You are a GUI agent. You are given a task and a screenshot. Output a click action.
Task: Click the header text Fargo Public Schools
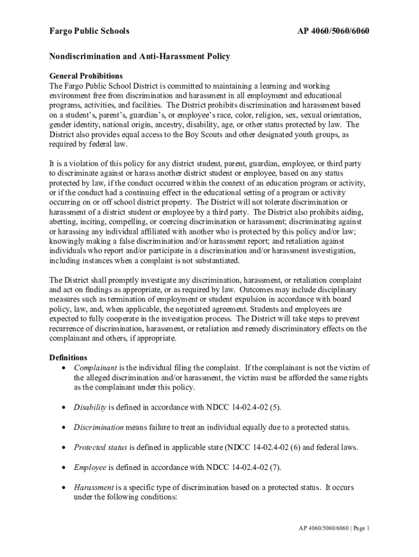(x=89, y=31)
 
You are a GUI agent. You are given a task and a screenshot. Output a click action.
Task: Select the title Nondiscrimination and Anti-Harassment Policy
(x=140, y=57)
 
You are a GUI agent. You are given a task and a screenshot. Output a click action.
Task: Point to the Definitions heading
(x=68, y=357)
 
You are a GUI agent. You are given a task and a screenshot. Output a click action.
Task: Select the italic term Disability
(x=90, y=407)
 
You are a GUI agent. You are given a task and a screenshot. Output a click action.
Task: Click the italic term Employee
(x=91, y=467)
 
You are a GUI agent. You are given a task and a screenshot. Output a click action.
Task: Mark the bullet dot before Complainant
(x=65, y=368)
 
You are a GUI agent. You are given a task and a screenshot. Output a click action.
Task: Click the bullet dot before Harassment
(x=65, y=487)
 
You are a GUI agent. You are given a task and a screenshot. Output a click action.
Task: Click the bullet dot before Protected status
(x=65, y=448)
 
